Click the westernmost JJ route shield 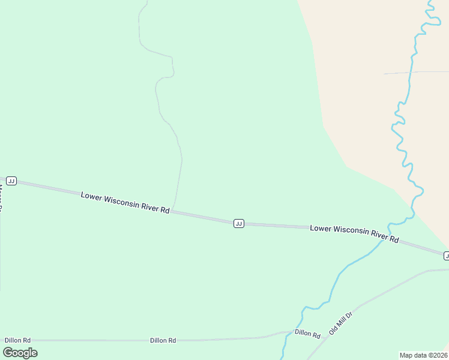pyautogui.click(x=11, y=181)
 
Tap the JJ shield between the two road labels pyautogui.click(x=238, y=223)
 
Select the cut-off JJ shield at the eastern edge pyautogui.click(x=446, y=256)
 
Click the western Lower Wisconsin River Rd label pyautogui.click(x=125, y=202)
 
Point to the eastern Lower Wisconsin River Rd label pyautogui.click(x=354, y=233)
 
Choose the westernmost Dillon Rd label pyautogui.click(x=17, y=340)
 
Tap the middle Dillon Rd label pyautogui.click(x=163, y=340)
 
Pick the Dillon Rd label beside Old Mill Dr pyautogui.click(x=307, y=334)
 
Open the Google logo pyautogui.click(x=20, y=353)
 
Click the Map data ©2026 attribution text pyautogui.click(x=423, y=355)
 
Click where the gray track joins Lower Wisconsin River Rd pyautogui.click(x=173, y=211)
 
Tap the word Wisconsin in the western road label pyautogui.click(x=122, y=202)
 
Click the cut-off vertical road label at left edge pyautogui.click(x=2, y=199)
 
